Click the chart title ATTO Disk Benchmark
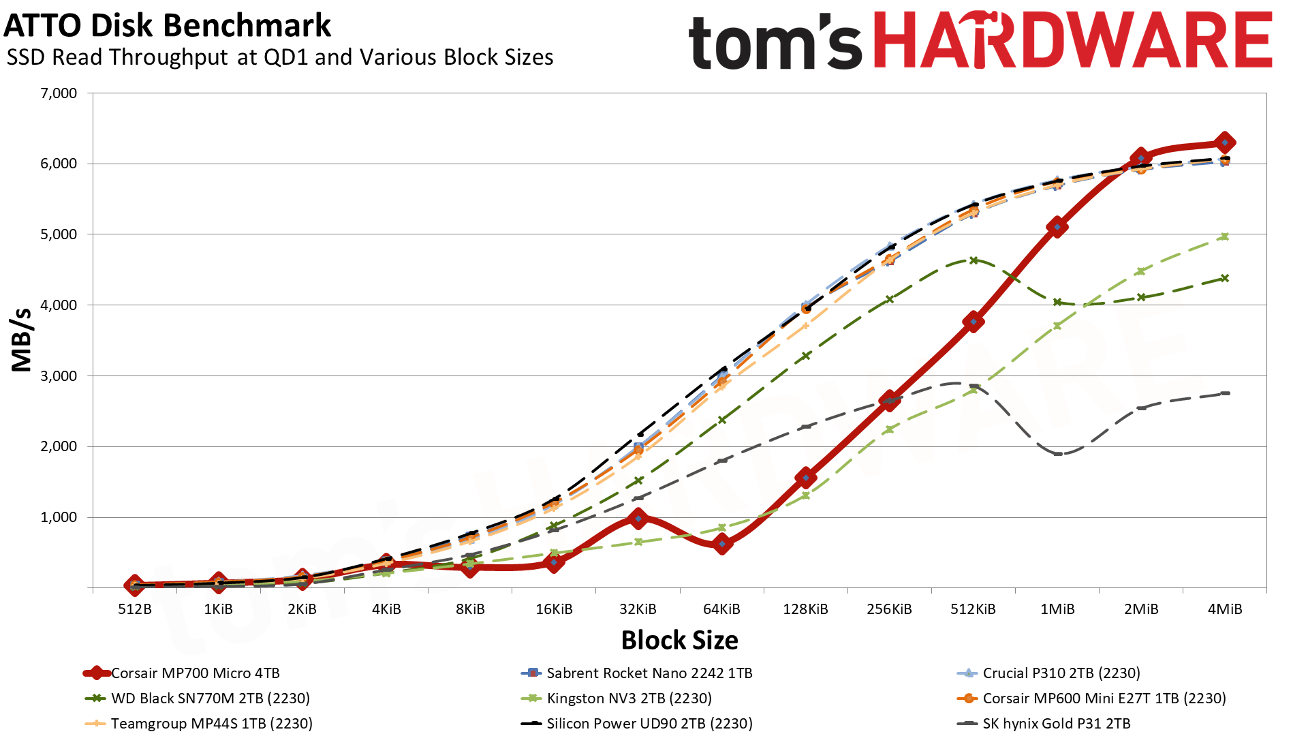167,26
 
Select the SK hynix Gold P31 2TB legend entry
1056,724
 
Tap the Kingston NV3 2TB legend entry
629,699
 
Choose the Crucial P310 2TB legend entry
1061,673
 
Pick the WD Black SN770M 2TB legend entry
210,699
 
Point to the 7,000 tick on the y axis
59,93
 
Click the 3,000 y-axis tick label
59,376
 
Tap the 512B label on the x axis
135,609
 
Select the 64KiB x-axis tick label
721,609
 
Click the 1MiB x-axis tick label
1057,609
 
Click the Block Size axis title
679,641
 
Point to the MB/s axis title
22,339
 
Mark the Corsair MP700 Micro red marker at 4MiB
1225,143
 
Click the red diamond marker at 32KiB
638,519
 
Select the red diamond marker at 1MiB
1057,227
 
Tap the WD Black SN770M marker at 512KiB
974,260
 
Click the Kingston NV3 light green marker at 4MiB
1225,236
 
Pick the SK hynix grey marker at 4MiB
1225,393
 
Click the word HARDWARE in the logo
1072,41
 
